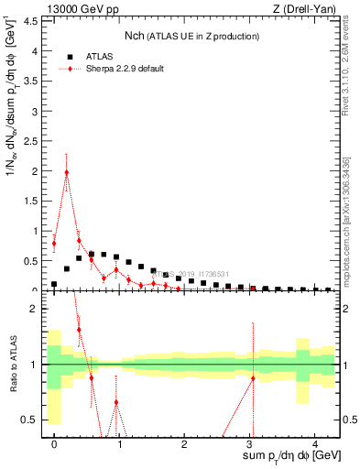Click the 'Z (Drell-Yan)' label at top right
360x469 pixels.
tap(307, 10)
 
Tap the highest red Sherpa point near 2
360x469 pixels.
tap(66, 172)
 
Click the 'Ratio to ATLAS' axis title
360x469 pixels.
tap(12, 364)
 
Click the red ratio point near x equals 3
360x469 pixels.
tap(253, 378)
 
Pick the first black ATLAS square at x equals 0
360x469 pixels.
tap(54, 284)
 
